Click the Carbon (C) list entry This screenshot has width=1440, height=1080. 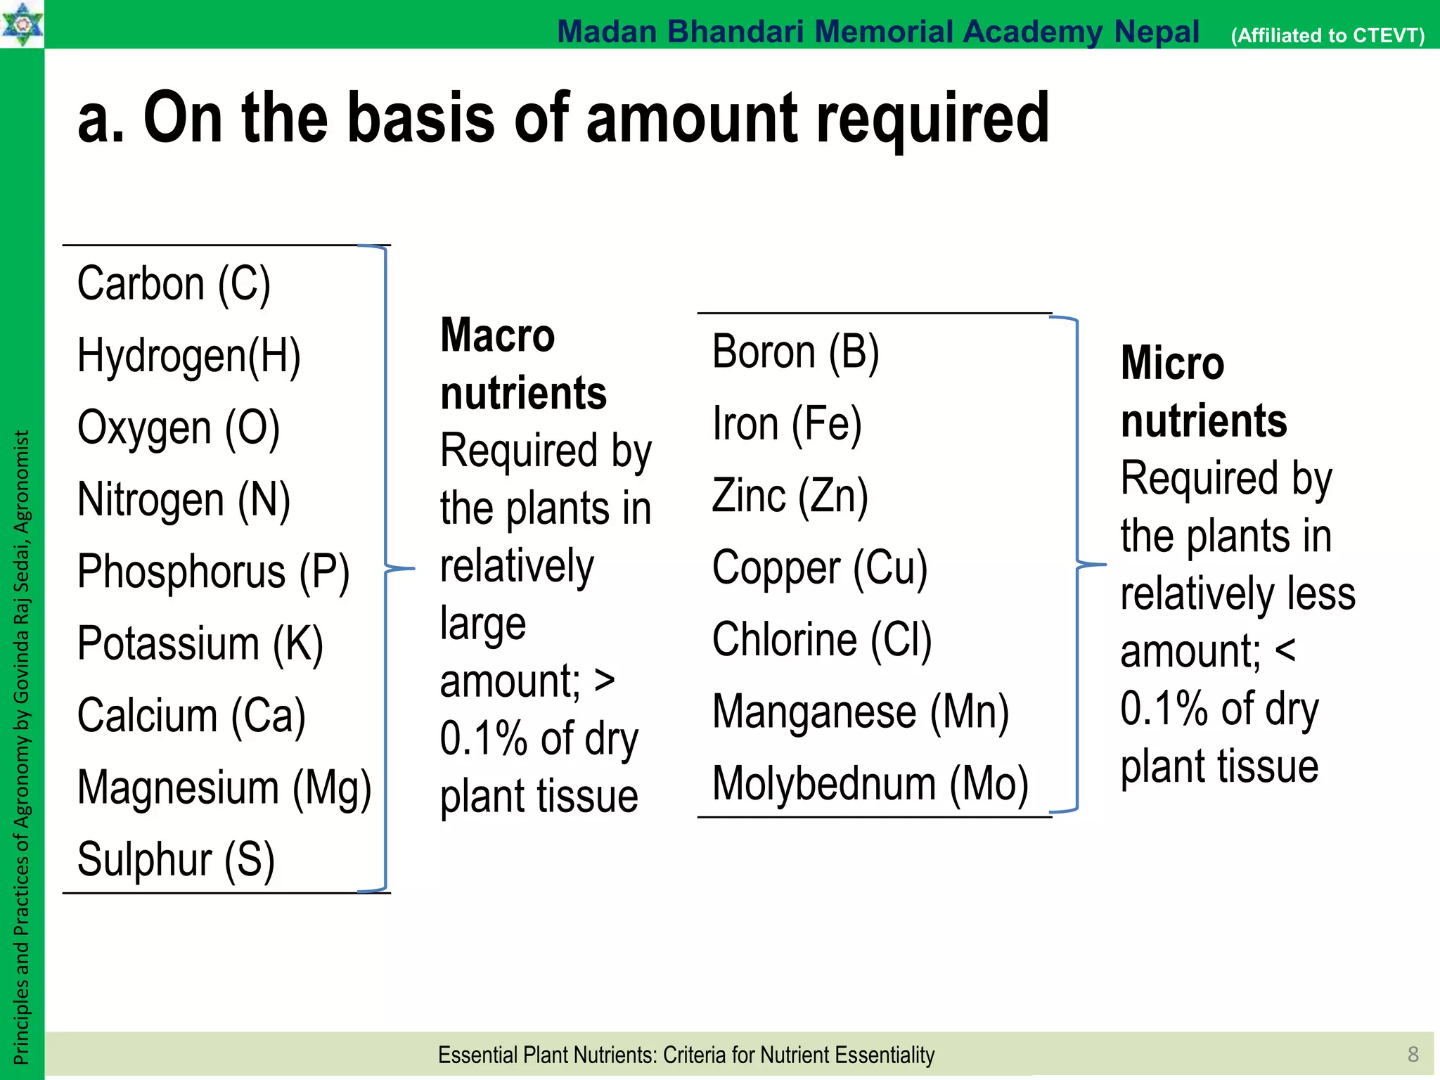[174, 285]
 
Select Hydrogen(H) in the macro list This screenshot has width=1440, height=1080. [188, 356]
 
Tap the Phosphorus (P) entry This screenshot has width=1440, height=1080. [213, 572]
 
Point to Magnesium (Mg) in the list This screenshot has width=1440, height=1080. [224, 788]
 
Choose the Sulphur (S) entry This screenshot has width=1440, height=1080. [176, 860]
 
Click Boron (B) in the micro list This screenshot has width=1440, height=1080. [795, 352]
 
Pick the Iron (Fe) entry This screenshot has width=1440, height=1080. [787, 425]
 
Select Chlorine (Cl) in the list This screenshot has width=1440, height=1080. [821, 640]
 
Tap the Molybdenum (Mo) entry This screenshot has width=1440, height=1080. [870, 784]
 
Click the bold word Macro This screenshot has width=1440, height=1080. [497, 335]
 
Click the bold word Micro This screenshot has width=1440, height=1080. [1172, 364]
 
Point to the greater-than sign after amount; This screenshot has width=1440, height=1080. [605, 681]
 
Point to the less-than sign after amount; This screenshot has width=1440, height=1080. [1285, 651]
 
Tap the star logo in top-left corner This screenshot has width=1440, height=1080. [22, 24]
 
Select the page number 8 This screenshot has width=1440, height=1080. [1413, 1054]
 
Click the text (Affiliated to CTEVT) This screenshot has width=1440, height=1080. [1327, 35]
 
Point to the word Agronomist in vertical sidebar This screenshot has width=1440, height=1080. [22, 482]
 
